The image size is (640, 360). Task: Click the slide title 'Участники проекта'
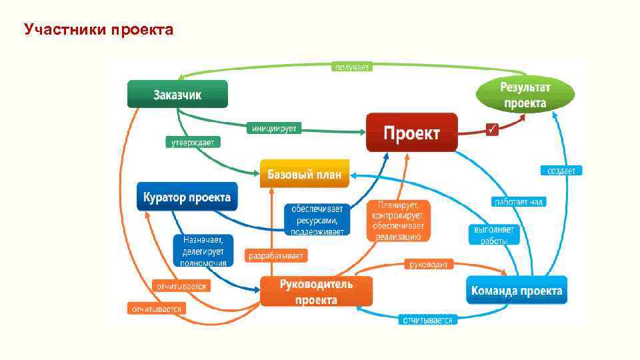coord(98,30)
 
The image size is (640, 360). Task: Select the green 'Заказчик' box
coord(177,94)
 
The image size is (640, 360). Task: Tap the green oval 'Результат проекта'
coord(525,94)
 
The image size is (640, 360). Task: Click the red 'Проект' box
coord(411,133)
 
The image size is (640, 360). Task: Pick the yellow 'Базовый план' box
coord(304,175)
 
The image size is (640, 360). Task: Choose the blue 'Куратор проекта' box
coord(187,197)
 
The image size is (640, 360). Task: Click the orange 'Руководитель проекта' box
coord(316,291)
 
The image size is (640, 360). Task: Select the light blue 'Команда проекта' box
coord(516,291)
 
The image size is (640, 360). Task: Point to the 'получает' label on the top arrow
coord(351,67)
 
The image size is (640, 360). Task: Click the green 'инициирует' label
coord(273,127)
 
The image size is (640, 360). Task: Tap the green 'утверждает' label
coord(193,142)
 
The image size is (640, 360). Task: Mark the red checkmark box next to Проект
coord(492,128)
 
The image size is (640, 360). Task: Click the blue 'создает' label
coord(561,171)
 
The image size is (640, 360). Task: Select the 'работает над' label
coord(519,201)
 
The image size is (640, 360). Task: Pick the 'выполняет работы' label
coord(494,234)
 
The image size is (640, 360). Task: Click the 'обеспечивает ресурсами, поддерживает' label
coord(317,219)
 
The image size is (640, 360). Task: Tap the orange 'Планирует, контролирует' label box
coord(398,220)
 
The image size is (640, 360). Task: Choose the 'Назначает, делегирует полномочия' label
coord(203,250)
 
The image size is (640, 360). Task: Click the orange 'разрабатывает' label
coord(277,255)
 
